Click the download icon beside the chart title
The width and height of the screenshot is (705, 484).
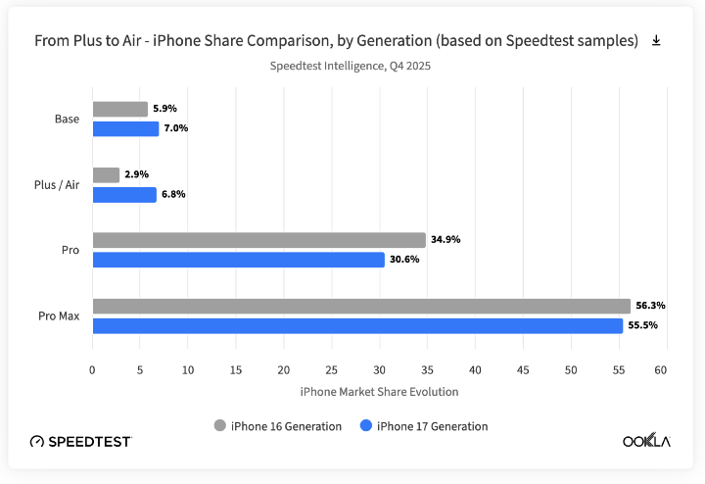[x=656, y=40]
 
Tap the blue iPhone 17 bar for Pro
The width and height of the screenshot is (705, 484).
[x=238, y=260]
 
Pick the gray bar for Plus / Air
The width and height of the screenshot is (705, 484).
[x=106, y=174]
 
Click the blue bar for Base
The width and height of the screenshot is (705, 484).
[x=125, y=128]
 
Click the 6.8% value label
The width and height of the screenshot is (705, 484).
[x=172, y=194]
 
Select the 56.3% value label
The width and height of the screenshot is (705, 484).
[x=650, y=306]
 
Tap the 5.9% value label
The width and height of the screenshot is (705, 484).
[x=164, y=109]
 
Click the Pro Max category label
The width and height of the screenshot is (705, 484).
[x=59, y=315]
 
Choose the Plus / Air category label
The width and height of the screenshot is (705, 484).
[x=57, y=184]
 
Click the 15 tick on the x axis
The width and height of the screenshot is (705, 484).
[x=235, y=370]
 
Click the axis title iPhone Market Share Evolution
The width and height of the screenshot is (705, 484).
[x=378, y=391]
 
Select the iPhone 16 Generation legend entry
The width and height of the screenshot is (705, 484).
[x=278, y=426]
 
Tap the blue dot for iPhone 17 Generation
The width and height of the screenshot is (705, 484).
[x=366, y=426]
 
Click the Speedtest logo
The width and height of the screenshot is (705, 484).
[x=81, y=442]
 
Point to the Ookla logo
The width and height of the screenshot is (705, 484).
[x=646, y=441]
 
